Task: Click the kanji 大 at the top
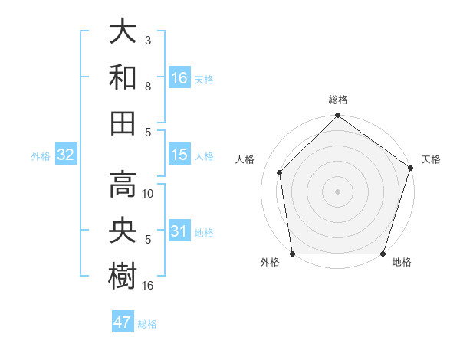[123, 32]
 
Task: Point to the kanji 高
[123, 184]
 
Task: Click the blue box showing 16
[179, 77]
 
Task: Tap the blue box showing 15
[179, 155]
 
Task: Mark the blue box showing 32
[66, 155]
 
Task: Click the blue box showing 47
[123, 322]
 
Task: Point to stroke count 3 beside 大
[148, 38]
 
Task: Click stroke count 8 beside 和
[148, 87]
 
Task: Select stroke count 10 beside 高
[149, 194]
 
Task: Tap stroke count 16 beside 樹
[149, 286]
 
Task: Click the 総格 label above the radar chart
[337, 100]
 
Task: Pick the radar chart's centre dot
[337, 191]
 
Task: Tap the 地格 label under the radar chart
[402, 263]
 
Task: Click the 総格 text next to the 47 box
[147, 324]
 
